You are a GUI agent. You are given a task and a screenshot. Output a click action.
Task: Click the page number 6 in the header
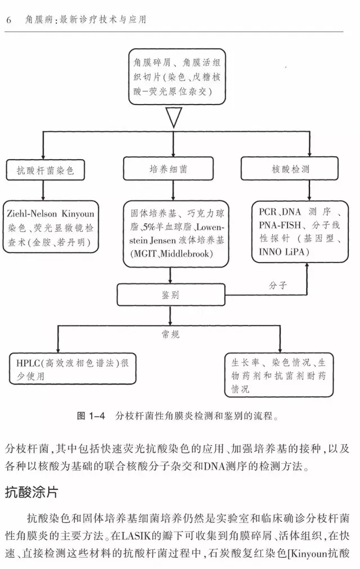coord(9,20)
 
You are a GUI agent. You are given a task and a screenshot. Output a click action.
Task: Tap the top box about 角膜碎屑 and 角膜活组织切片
coord(173,76)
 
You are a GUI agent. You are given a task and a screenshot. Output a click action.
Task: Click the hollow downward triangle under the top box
coord(173,118)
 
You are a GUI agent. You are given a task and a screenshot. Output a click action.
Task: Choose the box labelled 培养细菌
coord(173,169)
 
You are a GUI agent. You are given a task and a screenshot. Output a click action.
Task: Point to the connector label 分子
coord(278,285)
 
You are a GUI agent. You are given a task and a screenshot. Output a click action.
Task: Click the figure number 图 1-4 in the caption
coord(91,417)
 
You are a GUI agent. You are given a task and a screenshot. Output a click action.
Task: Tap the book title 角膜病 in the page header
coord(37,20)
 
